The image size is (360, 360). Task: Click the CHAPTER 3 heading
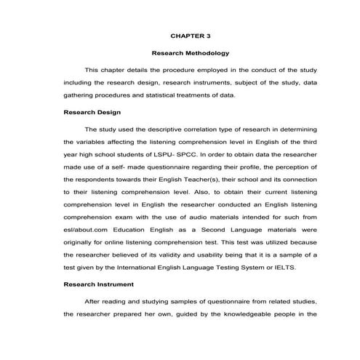190,34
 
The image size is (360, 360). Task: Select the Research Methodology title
190,52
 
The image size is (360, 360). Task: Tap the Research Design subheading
92,112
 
